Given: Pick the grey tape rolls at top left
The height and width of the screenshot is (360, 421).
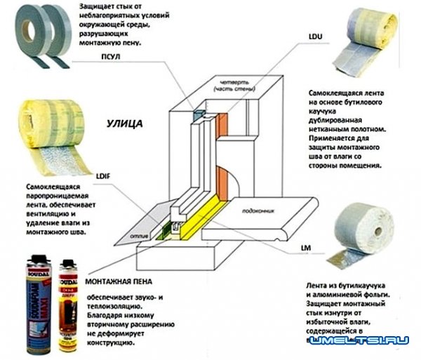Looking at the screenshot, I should coord(37,36).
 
